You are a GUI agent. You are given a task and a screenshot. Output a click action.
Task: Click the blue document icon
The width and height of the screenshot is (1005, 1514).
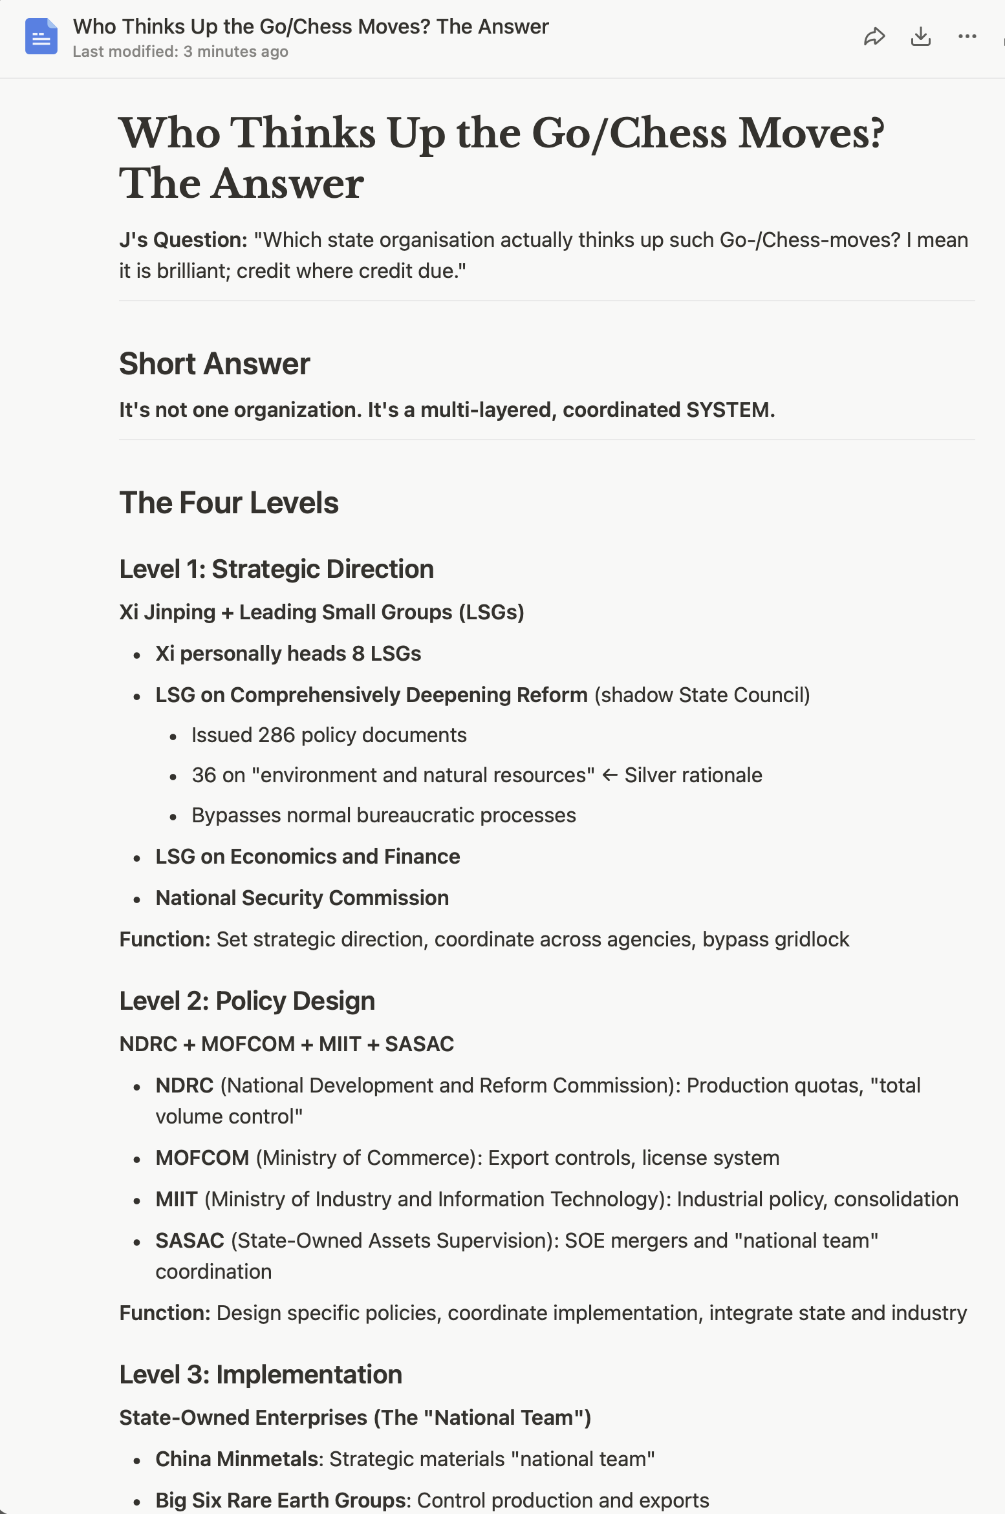41,37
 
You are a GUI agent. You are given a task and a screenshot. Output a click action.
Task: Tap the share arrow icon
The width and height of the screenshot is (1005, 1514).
874,37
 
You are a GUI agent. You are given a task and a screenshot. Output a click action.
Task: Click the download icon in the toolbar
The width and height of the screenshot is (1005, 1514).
920,37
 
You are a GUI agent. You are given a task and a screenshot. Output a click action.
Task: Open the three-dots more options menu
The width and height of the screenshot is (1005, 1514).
967,37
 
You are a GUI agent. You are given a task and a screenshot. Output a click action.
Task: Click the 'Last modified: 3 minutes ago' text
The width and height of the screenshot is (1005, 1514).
180,52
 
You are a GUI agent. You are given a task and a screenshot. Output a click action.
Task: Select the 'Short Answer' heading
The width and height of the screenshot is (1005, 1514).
214,364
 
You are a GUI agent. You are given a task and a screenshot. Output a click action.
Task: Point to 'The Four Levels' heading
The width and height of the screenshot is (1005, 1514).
229,503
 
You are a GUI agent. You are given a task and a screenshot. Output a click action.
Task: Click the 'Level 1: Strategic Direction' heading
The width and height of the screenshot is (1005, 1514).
276,570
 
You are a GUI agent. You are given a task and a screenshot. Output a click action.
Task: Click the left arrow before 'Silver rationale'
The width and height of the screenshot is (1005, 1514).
609,775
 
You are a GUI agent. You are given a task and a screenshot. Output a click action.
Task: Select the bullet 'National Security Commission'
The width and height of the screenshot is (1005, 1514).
302,898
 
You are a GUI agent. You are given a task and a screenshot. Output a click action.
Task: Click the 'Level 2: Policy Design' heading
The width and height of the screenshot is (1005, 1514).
247,1001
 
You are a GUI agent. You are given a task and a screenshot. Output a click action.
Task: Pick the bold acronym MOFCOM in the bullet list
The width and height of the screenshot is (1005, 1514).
202,1158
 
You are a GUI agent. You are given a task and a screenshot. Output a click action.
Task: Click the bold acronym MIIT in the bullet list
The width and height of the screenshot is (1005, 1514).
177,1199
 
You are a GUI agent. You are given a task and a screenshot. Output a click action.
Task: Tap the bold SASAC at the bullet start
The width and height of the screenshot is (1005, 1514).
189,1241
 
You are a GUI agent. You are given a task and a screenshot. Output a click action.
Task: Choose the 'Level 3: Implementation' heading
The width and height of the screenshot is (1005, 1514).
261,1375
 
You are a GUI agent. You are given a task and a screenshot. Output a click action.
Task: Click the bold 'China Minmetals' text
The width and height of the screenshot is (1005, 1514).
237,1459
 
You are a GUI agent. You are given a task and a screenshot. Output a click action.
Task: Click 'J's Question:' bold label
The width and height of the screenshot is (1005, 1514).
183,240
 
